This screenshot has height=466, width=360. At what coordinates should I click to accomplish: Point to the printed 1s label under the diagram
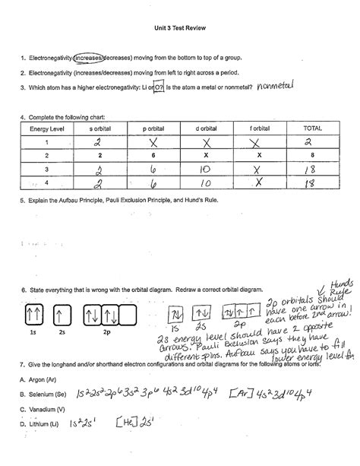pyautogui.click(x=33, y=333)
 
